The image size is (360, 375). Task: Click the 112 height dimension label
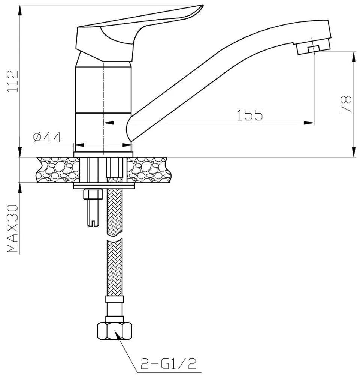coord(13,81)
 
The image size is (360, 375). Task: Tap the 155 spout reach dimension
coord(250,115)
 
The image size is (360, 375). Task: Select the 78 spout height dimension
coord(346,104)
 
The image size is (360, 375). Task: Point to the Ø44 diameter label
coord(47,137)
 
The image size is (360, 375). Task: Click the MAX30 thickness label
coord(13,229)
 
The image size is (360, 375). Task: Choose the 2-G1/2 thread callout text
coord(168,364)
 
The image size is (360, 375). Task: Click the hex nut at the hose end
coord(115,331)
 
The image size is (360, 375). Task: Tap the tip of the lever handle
coord(202,5)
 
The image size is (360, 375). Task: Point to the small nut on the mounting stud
coord(93,194)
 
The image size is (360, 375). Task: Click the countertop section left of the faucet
coord(57,170)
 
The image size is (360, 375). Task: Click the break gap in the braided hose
coord(115,236)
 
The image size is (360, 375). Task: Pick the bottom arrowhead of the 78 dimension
coord(353,152)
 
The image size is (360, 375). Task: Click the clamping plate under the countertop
coord(104,186)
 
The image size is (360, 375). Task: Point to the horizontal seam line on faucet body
coord(103,112)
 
